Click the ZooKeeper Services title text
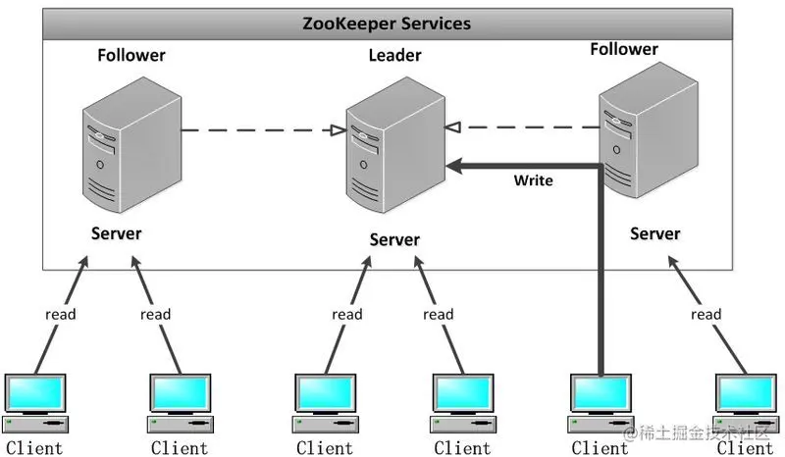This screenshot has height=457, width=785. (x=387, y=24)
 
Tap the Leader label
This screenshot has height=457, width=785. (x=395, y=55)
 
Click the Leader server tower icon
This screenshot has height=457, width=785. (x=395, y=145)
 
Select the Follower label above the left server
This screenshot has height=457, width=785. (x=131, y=55)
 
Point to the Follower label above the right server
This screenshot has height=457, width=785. (x=624, y=49)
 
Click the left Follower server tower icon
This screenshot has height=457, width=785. (x=131, y=145)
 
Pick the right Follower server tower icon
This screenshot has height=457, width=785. (x=649, y=129)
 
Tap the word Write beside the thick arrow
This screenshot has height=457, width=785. (x=533, y=180)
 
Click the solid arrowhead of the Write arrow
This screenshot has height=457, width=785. (x=454, y=166)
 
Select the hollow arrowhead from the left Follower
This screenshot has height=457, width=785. (x=339, y=130)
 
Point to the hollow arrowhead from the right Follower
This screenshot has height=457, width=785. (x=452, y=127)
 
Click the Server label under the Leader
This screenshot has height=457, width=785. (x=394, y=239)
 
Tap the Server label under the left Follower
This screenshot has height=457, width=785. (x=116, y=233)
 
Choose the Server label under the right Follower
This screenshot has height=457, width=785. (x=654, y=233)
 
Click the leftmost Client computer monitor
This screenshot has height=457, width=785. (x=35, y=393)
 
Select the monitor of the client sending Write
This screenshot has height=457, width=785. (x=601, y=393)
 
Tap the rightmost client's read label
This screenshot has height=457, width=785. (x=706, y=315)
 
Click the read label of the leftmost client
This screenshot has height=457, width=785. (x=61, y=315)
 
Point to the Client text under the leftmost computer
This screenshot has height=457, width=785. (x=34, y=447)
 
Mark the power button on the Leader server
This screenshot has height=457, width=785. (x=363, y=165)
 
